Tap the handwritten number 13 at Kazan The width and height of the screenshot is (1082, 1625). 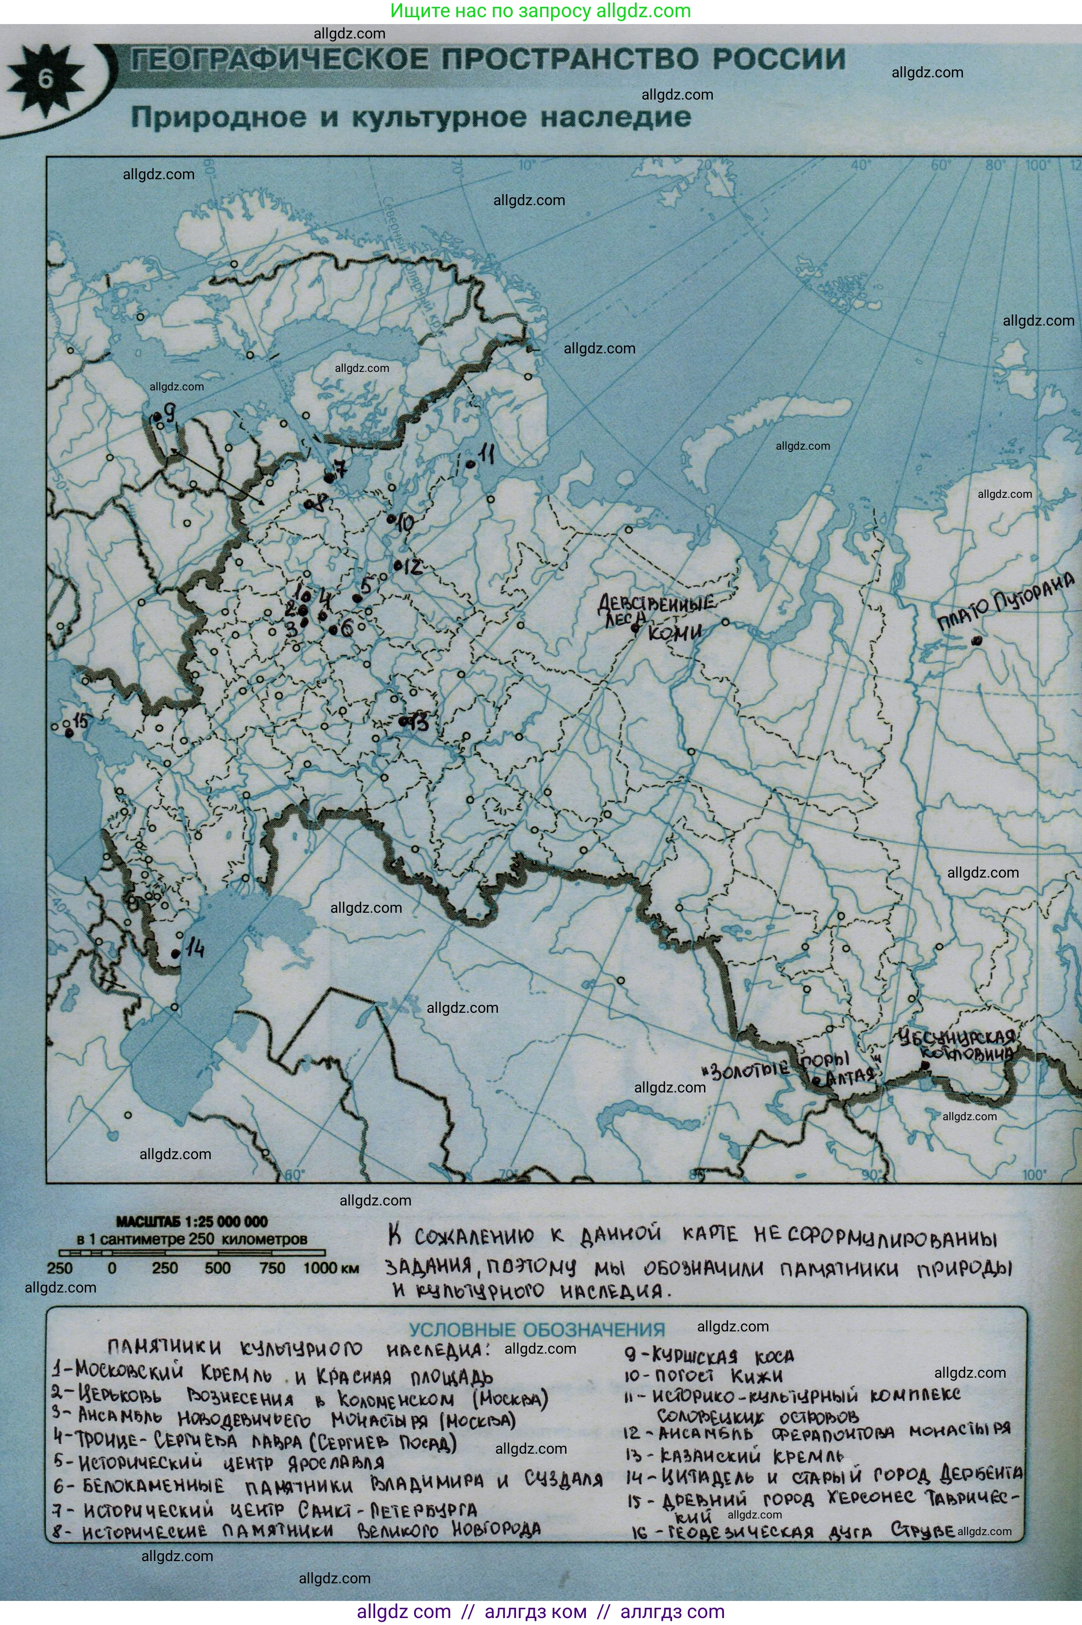(x=418, y=722)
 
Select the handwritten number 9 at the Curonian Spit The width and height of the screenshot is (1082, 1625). (x=169, y=413)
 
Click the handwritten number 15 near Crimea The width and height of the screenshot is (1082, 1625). (x=80, y=722)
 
